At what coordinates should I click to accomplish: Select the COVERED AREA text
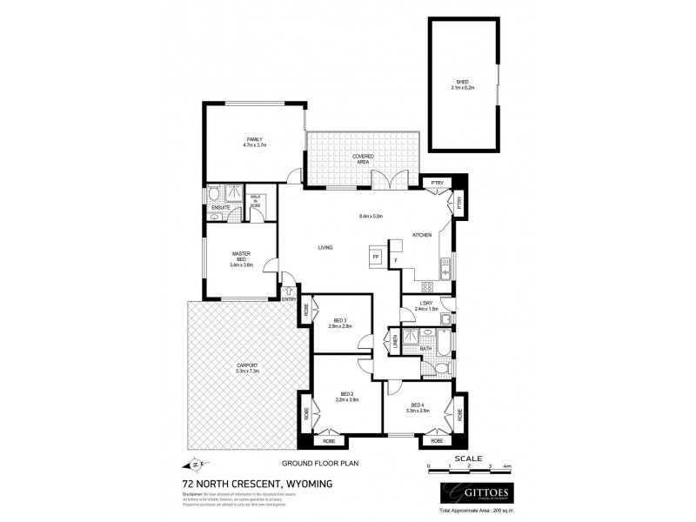pos(363,158)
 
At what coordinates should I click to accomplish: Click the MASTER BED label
pos(241,258)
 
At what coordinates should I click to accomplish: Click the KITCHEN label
pos(422,235)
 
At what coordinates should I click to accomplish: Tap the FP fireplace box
pos(376,258)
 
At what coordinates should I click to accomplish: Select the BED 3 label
pos(340,322)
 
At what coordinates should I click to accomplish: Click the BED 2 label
pos(346,397)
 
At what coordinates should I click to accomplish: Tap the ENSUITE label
pos(221,208)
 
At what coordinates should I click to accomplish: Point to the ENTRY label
pos(289,299)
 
